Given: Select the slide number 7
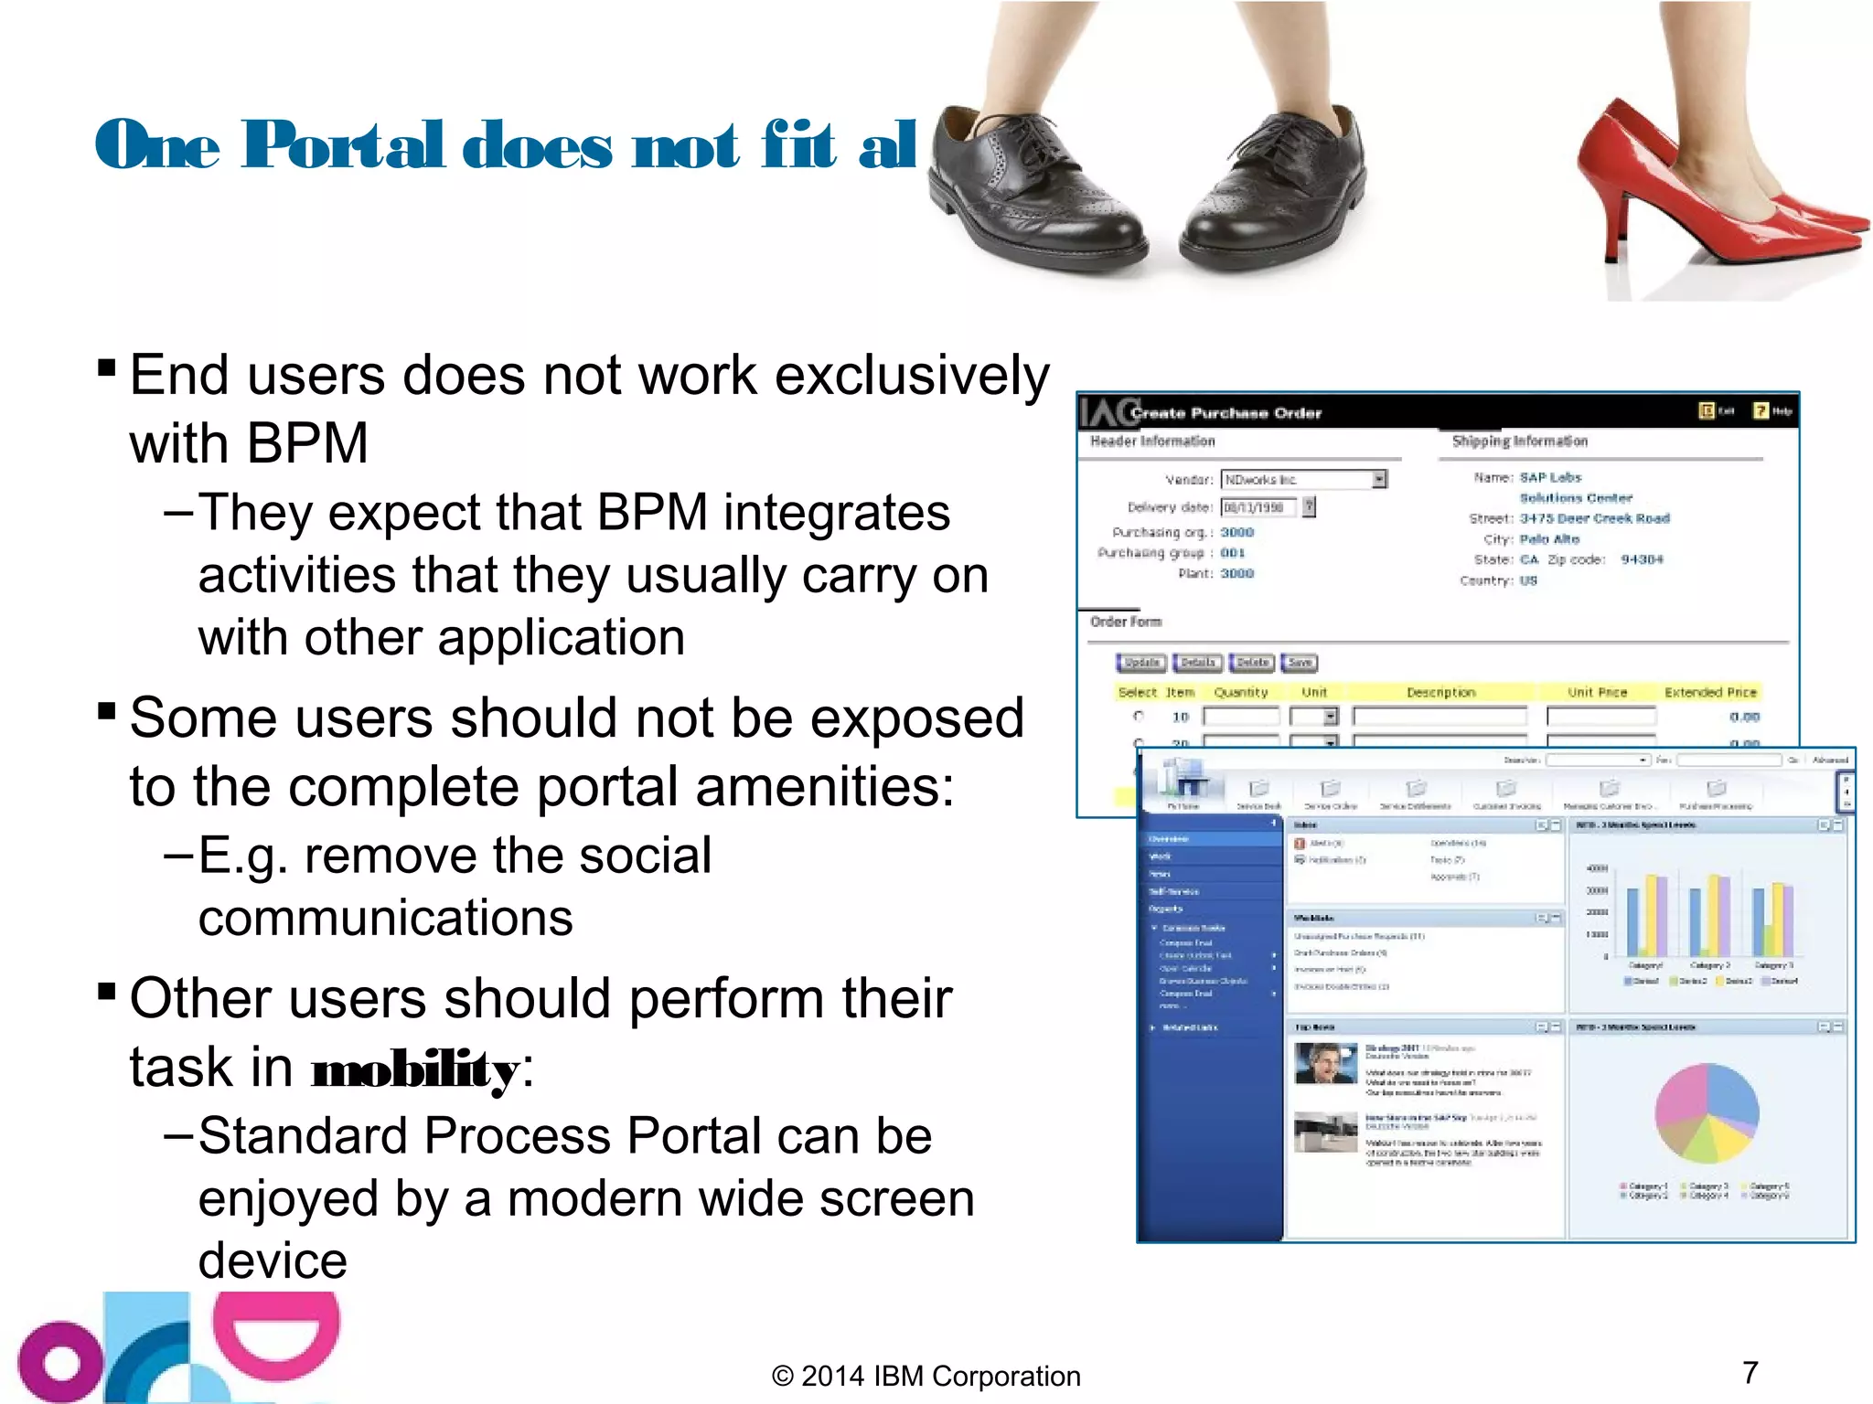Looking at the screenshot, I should click(x=1750, y=1372).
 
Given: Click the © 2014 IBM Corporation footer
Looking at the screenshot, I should click(x=926, y=1376).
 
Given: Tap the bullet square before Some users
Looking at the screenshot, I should click(x=107, y=710).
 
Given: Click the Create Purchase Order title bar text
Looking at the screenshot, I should click(x=1225, y=413).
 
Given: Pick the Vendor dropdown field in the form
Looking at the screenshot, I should click(x=1303, y=479).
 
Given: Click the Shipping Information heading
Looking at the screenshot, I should click(x=1519, y=441).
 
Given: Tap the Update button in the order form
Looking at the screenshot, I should click(x=1141, y=663).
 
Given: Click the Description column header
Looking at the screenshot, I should click(x=1440, y=692).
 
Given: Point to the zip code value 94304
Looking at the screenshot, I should click(x=1642, y=559).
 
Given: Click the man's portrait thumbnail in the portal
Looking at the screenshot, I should click(x=1325, y=1064).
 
